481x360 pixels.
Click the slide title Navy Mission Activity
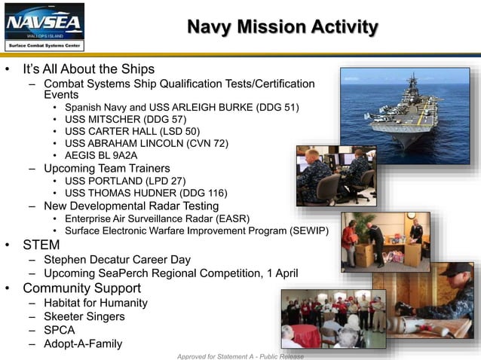click(282, 28)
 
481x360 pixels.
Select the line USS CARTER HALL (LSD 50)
click(133, 131)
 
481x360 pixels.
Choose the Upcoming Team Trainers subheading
click(106, 168)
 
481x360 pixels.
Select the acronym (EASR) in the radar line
click(234, 218)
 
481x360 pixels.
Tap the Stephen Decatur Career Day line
click(117, 260)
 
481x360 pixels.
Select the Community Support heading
click(81, 288)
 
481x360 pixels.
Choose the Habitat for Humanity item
click(95, 303)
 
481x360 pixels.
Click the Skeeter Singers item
click(84, 316)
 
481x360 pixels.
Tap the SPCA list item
click(60, 330)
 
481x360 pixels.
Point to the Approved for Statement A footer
click(240, 355)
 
